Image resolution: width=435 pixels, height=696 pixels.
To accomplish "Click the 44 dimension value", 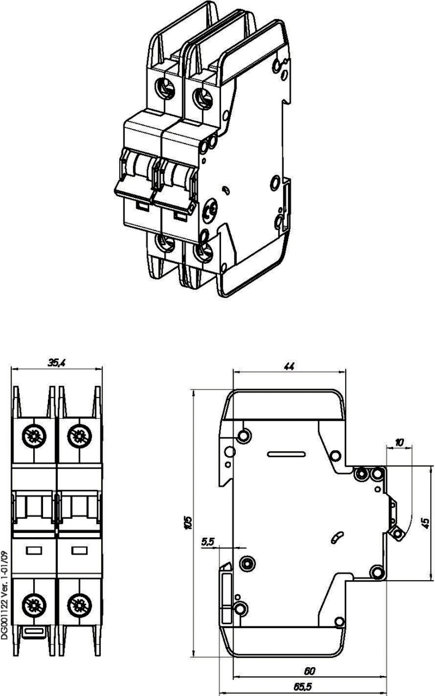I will (289, 367).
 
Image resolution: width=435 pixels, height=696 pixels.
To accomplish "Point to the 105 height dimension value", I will (187, 523).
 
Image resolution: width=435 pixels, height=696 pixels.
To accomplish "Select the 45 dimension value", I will (426, 523).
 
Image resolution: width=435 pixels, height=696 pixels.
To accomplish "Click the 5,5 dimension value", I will (207, 542).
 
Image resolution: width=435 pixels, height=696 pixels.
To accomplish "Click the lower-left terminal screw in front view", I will (34, 603).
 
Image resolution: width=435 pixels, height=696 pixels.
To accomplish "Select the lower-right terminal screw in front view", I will (79, 603).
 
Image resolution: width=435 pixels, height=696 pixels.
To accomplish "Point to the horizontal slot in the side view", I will (286, 452).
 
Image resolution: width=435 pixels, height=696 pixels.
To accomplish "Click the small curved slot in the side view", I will (336, 537).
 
